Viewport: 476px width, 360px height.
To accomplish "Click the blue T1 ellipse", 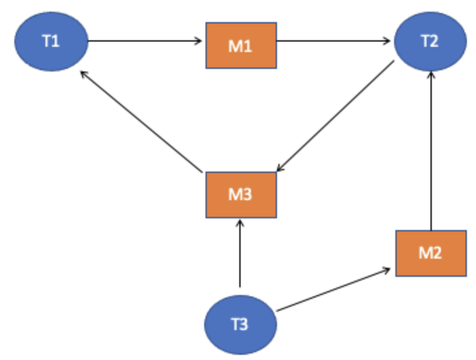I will (x=50, y=42).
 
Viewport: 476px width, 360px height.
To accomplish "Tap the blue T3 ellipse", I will (x=241, y=324).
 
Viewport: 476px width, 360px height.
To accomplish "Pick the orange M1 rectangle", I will (x=241, y=45).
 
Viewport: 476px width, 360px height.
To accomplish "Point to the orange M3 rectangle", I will (x=241, y=194).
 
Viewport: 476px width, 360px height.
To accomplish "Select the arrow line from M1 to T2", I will (x=335, y=42).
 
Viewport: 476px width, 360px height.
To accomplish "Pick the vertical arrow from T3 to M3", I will (x=241, y=253).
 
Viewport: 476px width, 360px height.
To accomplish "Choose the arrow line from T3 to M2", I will (x=333, y=287).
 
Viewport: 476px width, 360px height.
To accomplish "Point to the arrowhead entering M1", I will (x=200, y=42).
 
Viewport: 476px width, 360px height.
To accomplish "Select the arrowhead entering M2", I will (x=388, y=268).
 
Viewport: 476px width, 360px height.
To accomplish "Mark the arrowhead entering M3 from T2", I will (x=280, y=168).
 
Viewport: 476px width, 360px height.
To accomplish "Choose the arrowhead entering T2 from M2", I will (x=430, y=75).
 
